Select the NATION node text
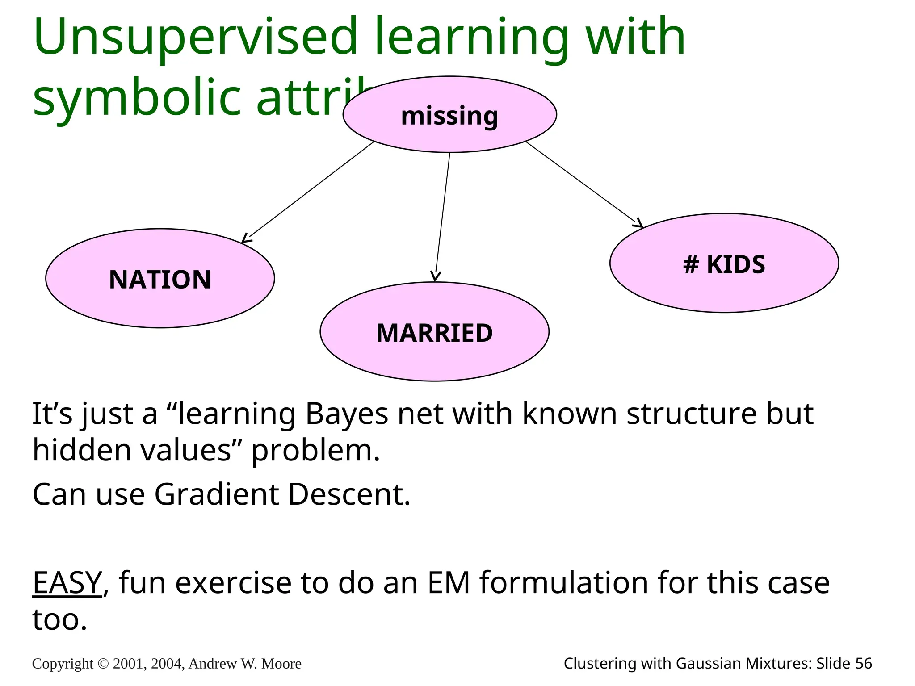point(160,280)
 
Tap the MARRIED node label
point(434,333)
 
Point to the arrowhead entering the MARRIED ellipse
point(436,277)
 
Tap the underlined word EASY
point(67,583)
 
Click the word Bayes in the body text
point(347,414)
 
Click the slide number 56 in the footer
point(863,664)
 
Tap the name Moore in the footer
point(281,664)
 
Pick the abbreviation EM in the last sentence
point(449,583)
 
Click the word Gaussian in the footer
point(705,664)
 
